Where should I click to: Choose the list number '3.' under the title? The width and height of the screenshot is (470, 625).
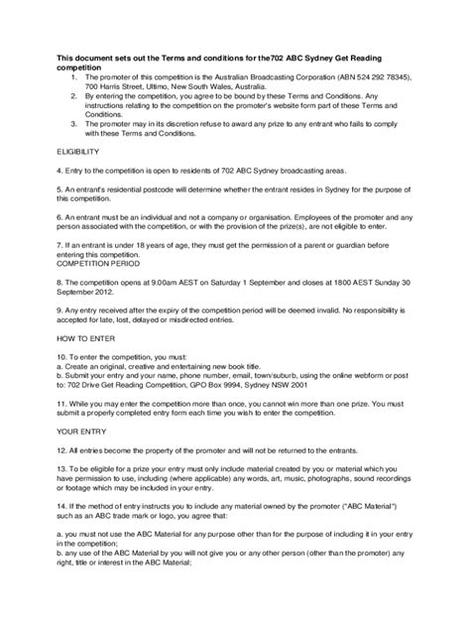(x=74, y=124)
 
